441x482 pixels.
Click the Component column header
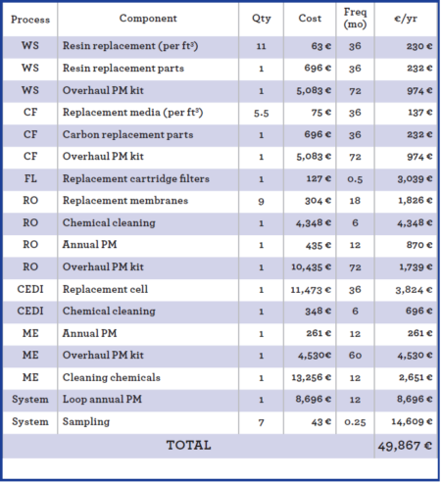pos(148,19)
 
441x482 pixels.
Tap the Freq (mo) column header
pos(355,19)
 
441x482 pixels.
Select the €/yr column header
pos(406,19)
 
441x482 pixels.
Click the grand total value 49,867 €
pos(404,446)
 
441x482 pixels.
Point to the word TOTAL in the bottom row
pos(188,446)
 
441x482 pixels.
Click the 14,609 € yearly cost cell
pos(406,421)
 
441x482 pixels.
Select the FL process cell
pos(30,178)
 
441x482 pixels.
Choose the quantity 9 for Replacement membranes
pos(261,201)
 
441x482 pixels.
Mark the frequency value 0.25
pos(355,421)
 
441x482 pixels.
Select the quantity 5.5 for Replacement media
pos(261,112)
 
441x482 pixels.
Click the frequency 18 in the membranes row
pos(355,201)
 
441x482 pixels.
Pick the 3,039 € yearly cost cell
pos(406,178)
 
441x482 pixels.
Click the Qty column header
pos(261,19)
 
